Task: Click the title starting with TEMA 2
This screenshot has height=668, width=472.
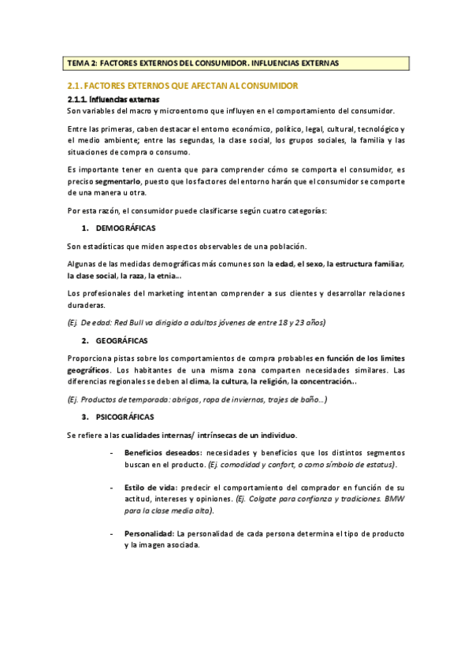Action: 203,63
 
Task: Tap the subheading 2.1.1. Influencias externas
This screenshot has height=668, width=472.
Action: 113,100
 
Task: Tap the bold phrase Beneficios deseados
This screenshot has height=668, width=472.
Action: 162,453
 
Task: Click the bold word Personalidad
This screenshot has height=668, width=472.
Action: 150,534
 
